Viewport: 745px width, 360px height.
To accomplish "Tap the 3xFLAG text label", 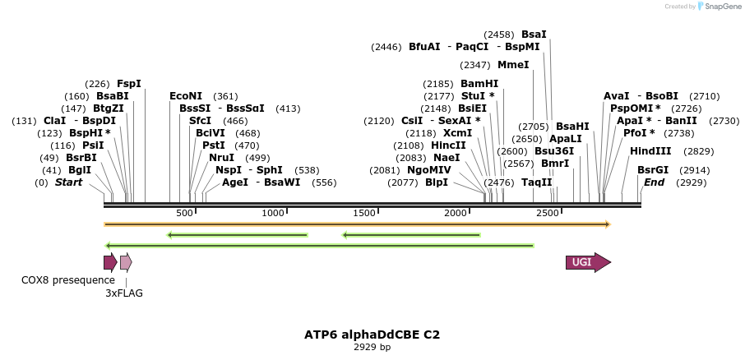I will (x=124, y=293).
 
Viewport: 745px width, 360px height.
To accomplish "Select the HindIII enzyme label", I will (x=650, y=151).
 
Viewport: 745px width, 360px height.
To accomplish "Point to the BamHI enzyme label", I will (x=479, y=84).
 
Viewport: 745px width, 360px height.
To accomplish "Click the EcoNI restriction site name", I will (x=186, y=96).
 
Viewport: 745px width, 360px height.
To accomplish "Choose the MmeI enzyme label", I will (x=513, y=65).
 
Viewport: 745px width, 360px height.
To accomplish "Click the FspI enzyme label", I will (x=129, y=84).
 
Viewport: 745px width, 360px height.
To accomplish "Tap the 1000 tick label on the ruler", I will (x=274, y=213).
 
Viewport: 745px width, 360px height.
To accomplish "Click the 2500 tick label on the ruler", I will (x=548, y=213).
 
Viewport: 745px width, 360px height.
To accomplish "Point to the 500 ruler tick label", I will (x=184, y=213).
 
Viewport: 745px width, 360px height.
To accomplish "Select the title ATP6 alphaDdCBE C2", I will (x=372, y=335).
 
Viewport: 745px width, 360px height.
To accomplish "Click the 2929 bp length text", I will (x=372, y=347).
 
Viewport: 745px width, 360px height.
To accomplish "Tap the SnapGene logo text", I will (x=715, y=7).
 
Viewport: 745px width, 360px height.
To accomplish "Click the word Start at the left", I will (x=69, y=182).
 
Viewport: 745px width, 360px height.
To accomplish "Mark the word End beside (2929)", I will (x=654, y=182).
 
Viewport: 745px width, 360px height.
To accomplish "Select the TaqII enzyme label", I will (x=537, y=182).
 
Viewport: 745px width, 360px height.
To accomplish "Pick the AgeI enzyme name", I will (x=235, y=182).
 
